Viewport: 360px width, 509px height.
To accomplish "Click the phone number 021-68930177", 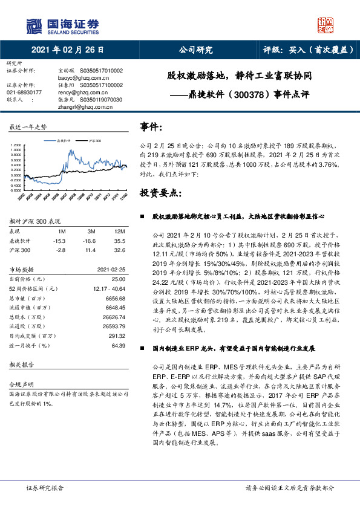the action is click(24, 92).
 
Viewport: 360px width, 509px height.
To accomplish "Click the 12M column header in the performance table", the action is click(119, 232).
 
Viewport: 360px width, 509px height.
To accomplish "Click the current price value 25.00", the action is click(119, 279).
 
